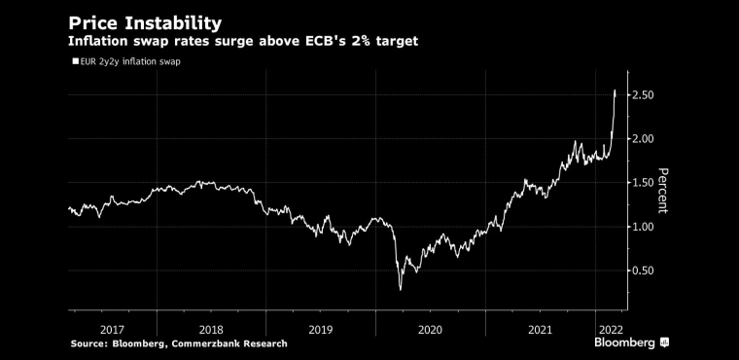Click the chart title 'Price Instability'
coord(145,23)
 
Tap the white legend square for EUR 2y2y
coord(75,61)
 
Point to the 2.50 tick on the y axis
coord(644,94)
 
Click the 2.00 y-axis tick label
coord(644,139)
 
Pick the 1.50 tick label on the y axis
coord(644,183)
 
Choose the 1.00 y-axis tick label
coord(644,227)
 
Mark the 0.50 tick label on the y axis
coord(644,270)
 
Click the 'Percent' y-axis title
coord(662,191)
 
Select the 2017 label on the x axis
coord(112,329)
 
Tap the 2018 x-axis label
coord(210,329)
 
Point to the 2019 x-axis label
coord(321,329)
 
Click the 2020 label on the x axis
coord(430,329)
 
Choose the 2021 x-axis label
coord(540,329)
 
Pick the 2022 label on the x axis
coord(611,329)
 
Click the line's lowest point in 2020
coord(401,290)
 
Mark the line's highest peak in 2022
coord(615,90)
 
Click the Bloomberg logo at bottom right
coord(632,342)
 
